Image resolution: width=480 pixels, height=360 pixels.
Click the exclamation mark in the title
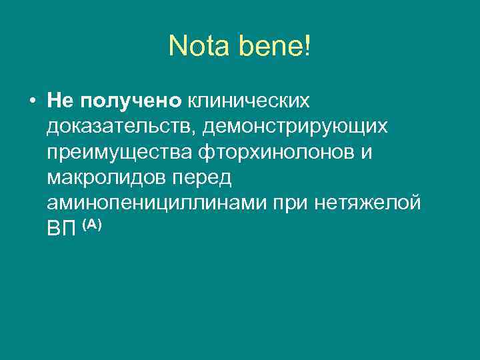click(307, 46)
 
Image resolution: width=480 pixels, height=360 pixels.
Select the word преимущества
click(121, 153)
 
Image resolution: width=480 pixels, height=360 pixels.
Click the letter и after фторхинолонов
click(367, 153)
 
